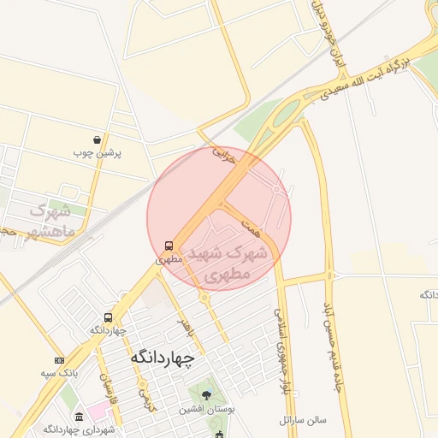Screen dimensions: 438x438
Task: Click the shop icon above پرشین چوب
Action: tap(98, 139)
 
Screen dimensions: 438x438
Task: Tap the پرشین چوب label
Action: tap(98, 153)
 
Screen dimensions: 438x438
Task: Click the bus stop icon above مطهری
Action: tap(169, 245)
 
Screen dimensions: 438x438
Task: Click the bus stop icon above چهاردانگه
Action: tap(108, 317)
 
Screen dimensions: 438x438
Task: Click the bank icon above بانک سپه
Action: tap(59, 360)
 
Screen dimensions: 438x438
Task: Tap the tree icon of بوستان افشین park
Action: tap(206, 394)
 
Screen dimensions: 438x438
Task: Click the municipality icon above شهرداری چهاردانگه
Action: tap(80, 416)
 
